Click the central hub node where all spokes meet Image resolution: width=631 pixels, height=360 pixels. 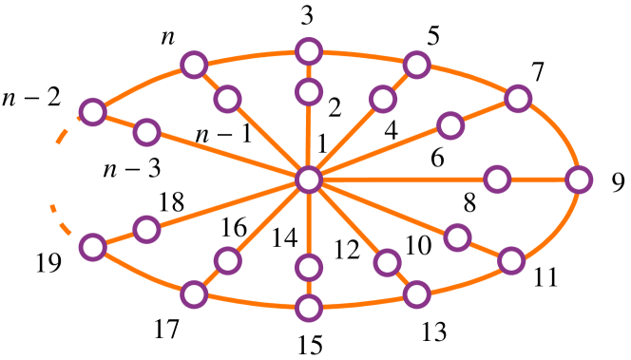click(x=309, y=180)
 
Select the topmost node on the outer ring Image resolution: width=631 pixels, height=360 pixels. click(x=309, y=51)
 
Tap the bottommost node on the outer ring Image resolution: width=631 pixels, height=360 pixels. click(x=309, y=308)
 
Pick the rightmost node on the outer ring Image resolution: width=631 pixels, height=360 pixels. click(x=579, y=180)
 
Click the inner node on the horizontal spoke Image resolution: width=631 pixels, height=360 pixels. click(x=497, y=180)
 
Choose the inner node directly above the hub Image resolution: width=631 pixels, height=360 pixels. click(x=309, y=92)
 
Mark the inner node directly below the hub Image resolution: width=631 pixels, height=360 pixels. click(x=309, y=268)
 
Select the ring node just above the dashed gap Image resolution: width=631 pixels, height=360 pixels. click(x=92, y=112)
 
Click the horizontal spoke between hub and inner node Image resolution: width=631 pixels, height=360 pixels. click(x=404, y=180)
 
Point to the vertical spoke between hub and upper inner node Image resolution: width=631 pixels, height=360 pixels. click(x=309, y=136)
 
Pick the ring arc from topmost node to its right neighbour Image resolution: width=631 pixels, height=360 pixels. click(x=364, y=55)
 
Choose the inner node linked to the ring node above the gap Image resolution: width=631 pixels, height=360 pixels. click(x=146, y=132)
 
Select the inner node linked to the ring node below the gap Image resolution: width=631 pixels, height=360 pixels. click(x=146, y=229)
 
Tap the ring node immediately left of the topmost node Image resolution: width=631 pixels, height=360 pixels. click(x=194, y=65)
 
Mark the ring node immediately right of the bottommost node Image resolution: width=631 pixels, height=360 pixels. click(x=416, y=294)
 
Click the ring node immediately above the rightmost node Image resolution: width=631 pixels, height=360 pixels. click(x=518, y=98)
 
